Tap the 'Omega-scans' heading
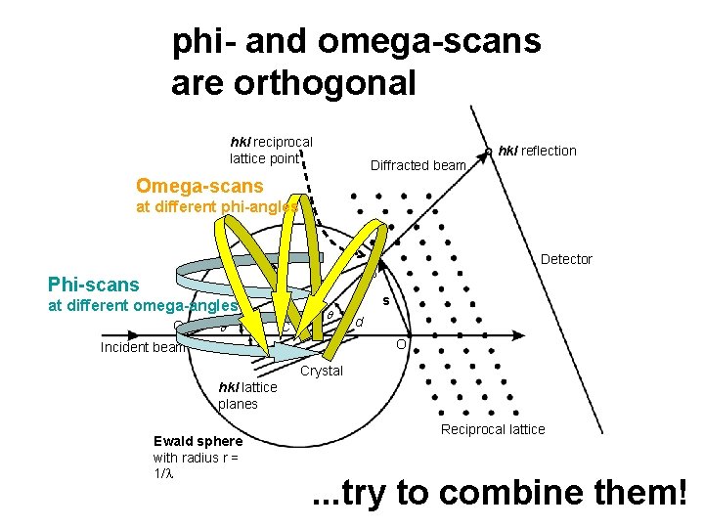pos(199,186)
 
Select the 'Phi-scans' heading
pos(94,285)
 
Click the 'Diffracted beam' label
pos(418,165)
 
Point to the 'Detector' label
pos(566,259)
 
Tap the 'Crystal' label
pos(322,371)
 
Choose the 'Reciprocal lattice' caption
pos(493,429)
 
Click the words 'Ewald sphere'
pos(198,441)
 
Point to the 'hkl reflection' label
pos(537,151)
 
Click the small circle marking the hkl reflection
pos(488,152)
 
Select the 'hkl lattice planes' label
pos(247,395)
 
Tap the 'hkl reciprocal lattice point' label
pos(271,150)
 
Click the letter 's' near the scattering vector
pos(385,300)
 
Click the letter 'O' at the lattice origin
pos(401,345)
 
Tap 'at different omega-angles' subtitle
pos(144,305)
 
